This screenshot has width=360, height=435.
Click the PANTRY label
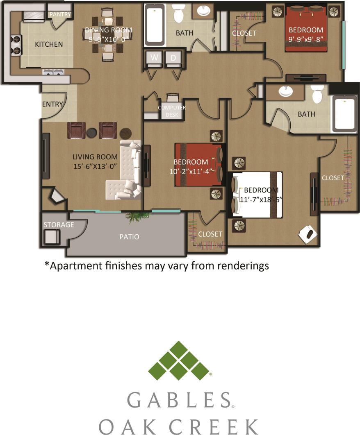point(60,14)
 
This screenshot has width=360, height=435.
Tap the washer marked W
point(155,58)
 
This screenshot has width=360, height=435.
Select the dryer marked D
point(173,58)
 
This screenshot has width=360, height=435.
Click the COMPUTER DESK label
point(172,111)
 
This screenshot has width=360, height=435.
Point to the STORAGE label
point(59,224)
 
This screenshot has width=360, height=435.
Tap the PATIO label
point(129,236)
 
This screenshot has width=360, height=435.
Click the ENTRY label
point(52,104)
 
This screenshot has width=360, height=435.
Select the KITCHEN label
point(49,44)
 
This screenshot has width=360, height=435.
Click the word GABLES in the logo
point(179,400)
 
